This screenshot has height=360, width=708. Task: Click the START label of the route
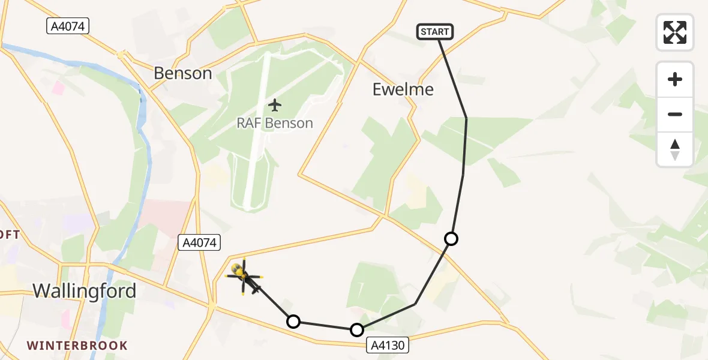coord(435,32)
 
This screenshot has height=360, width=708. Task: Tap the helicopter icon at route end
coord(242,275)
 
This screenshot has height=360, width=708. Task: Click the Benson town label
coord(183,73)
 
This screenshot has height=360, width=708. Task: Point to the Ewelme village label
coord(403,89)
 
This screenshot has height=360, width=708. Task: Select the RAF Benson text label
coord(275,123)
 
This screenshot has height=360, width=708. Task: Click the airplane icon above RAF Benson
coord(275,105)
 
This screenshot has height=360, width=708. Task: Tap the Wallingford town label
coord(84,291)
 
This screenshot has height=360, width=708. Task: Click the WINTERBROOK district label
coord(77,346)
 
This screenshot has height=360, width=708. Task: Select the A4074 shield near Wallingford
coord(200,242)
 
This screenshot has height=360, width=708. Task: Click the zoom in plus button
coord(675,79)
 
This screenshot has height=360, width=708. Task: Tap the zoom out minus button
coord(675,114)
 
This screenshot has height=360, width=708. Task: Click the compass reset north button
coord(675,149)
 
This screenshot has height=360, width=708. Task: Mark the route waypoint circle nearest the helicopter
coord(293,322)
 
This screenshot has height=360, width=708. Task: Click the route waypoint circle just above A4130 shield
coord(357,330)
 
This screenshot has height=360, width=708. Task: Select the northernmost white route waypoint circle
coord(451,239)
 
